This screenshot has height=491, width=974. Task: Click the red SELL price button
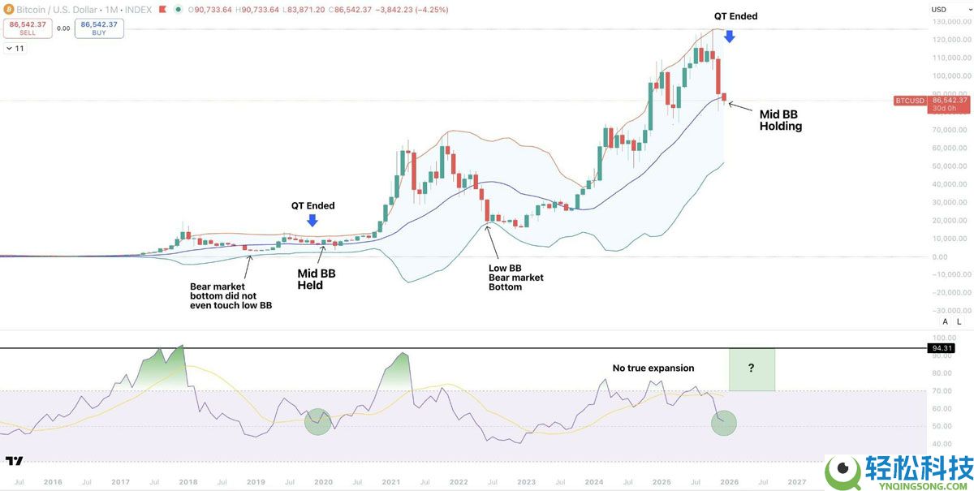28,28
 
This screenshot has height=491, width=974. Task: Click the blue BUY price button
99,28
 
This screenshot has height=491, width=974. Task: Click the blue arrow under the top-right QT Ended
729,36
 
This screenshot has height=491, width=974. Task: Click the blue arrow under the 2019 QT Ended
312,219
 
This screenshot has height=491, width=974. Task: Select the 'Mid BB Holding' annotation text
780,120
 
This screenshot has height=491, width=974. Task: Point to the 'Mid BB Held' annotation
316,279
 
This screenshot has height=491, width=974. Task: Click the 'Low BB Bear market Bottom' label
515,278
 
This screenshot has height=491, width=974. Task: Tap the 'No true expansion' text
653,368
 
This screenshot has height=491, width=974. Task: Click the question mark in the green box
751,368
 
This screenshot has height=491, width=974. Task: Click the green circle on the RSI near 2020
317,420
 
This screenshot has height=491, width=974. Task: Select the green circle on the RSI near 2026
723,423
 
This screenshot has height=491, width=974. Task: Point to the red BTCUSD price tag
909,101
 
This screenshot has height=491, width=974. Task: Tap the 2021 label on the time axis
390,481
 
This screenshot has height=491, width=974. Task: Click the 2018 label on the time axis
187,481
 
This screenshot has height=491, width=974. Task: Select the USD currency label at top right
939,10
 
